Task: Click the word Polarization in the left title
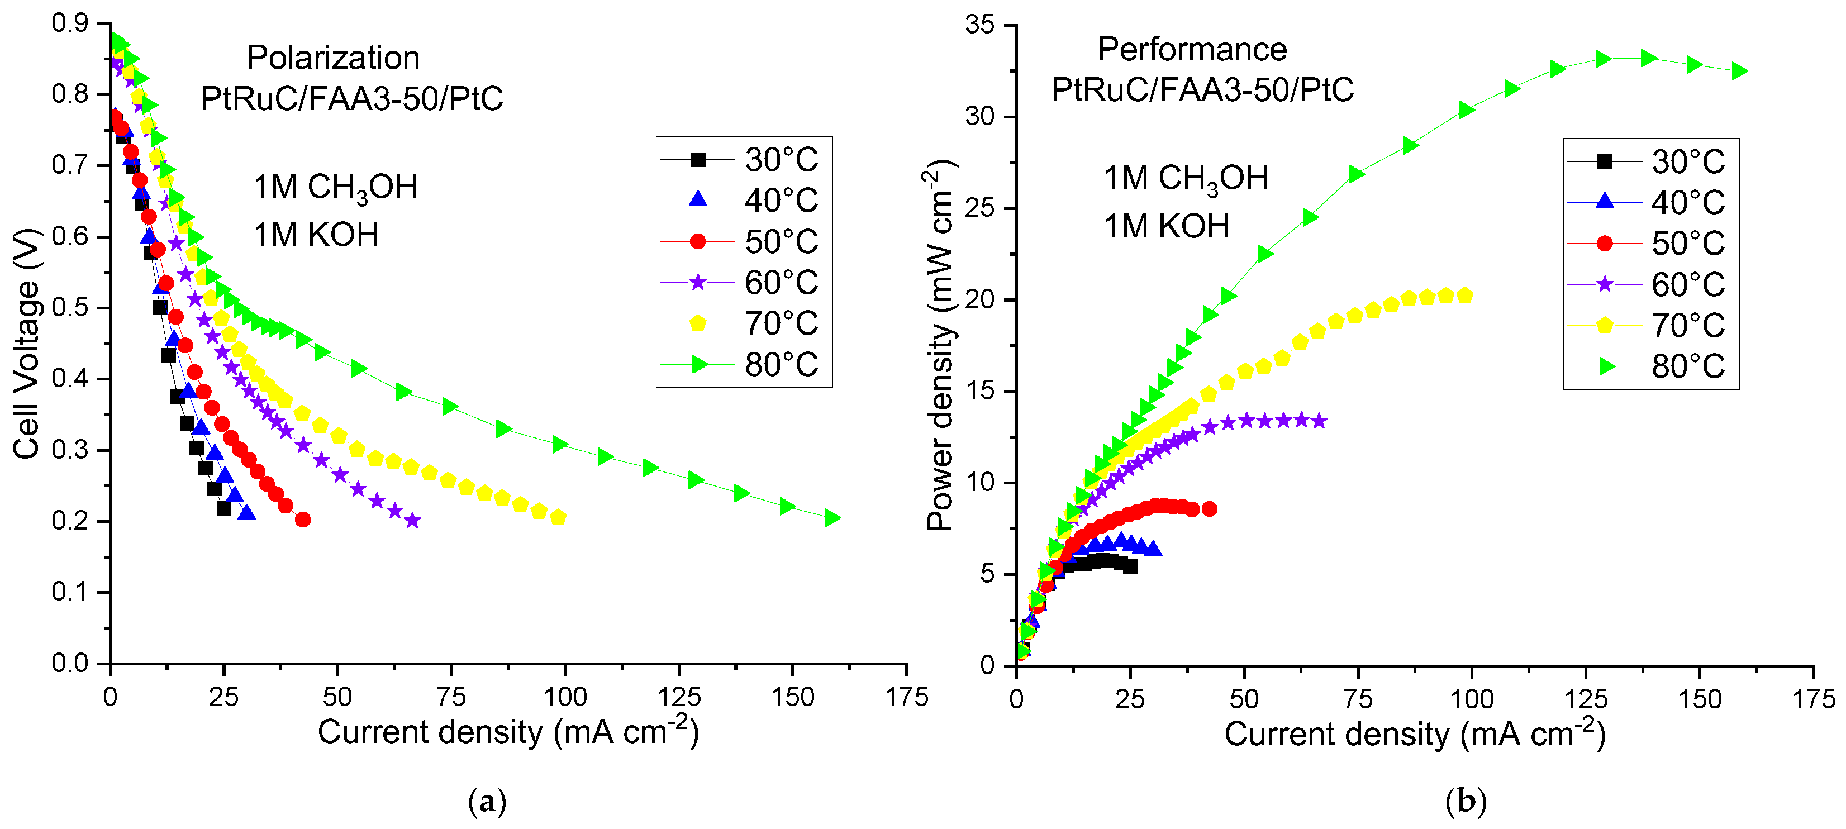[333, 58]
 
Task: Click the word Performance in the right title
[1192, 50]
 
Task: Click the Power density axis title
[940, 345]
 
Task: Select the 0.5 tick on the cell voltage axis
[70, 307]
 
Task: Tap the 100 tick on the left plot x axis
[565, 697]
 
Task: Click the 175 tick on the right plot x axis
[1813, 699]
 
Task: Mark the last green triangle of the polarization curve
[832, 517]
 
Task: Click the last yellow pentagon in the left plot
[558, 517]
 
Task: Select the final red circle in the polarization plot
[302, 520]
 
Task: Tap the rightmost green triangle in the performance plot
[1739, 71]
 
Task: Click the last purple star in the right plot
[1319, 421]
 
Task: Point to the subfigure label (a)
[487, 801]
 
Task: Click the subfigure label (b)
[1466, 801]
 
